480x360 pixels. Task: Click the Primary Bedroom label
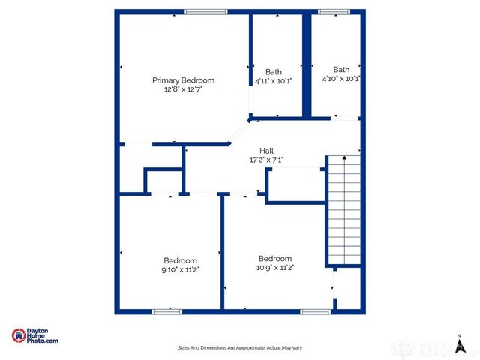click(x=183, y=80)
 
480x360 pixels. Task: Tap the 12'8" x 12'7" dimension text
click(x=183, y=88)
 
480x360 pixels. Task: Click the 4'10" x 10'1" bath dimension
click(x=341, y=78)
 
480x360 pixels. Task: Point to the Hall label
click(x=266, y=151)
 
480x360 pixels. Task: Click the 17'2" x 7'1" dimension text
click(x=266, y=160)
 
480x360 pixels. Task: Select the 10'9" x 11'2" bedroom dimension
click(x=275, y=267)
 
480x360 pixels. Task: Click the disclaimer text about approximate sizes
click(x=239, y=347)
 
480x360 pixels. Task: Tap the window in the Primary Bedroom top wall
click(x=205, y=11)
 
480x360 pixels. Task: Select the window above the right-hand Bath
click(x=329, y=11)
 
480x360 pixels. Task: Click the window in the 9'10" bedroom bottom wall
click(x=166, y=311)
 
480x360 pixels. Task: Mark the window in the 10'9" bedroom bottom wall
click(x=316, y=311)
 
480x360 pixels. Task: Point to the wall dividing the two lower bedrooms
click(x=222, y=251)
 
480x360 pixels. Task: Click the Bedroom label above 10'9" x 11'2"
click(x=275, y=258)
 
